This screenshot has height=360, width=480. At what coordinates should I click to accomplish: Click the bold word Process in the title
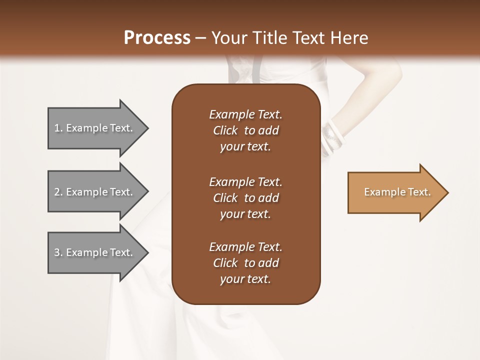157,38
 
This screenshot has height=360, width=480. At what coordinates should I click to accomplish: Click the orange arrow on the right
395,192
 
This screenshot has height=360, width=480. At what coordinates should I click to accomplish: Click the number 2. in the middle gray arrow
58,192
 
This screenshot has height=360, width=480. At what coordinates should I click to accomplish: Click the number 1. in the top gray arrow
58,128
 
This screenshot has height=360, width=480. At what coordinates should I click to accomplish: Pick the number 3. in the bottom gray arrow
58,252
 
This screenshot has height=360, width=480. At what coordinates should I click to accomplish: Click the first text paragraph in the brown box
245,130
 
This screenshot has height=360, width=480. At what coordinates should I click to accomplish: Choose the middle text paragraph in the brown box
245,197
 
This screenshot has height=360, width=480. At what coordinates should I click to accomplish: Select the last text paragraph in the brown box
245,263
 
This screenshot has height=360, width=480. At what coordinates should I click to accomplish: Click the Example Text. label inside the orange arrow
397,192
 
